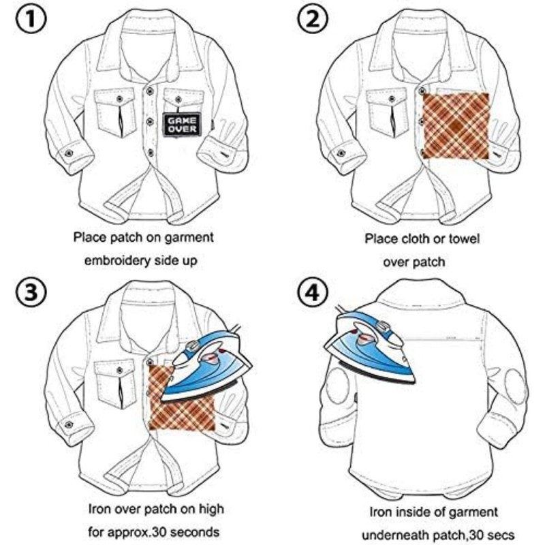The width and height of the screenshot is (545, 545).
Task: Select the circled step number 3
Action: coord(29,294)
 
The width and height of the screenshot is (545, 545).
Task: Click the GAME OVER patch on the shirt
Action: coord(176,122)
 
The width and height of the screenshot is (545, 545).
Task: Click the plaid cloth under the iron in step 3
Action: coord(178,409)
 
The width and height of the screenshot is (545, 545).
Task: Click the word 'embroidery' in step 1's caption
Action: coord(120,260)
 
